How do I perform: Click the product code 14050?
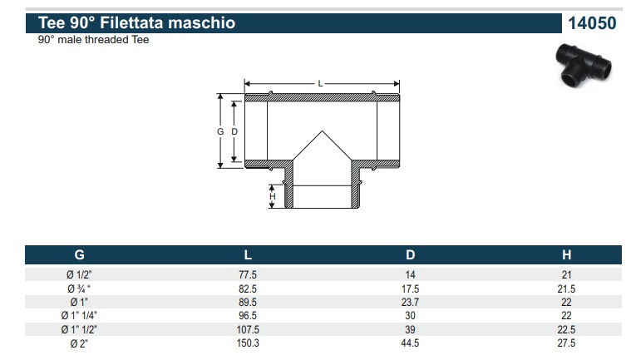(592, 23)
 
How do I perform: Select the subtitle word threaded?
(104, 39)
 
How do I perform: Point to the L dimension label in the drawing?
(320, 84)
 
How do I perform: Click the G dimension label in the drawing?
(220, 131)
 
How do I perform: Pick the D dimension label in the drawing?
(234, 131)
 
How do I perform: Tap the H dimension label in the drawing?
(273, 196)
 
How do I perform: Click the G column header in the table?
(79, 254)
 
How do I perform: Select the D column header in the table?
(410, 254)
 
